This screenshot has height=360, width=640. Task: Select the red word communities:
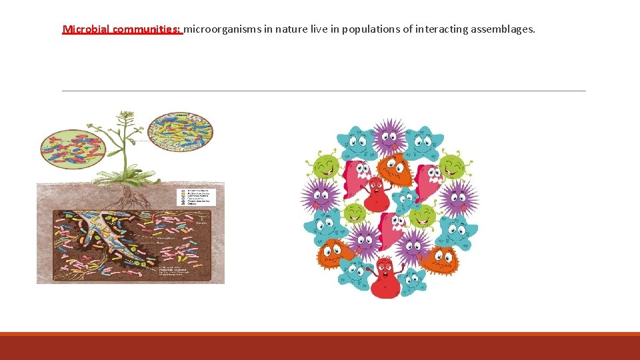pos(147,29)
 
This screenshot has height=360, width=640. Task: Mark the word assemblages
pos(503,29)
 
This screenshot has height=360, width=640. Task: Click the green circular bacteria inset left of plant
pos(73,148)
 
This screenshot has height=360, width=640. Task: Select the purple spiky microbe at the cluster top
pos(389,137)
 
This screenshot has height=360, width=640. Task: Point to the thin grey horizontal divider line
pos(323,91)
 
